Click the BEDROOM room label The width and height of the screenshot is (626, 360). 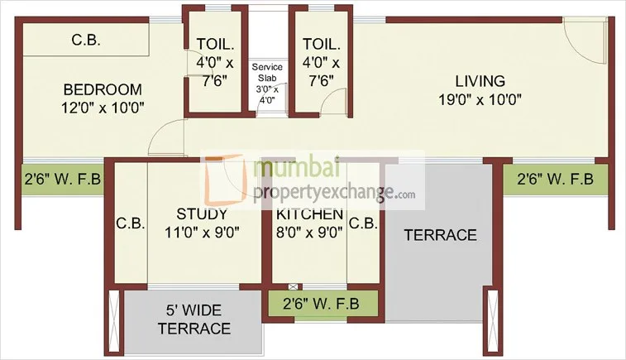[103, 89]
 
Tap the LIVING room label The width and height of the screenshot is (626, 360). [479, 81]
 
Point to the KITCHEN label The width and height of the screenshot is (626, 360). [310, 214]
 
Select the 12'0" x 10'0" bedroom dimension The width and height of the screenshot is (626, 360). [103, 108]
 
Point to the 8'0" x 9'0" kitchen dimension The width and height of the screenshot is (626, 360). [310, 232]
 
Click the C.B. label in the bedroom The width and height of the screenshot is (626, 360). [86, 39]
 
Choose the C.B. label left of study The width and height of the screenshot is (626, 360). [130, 223]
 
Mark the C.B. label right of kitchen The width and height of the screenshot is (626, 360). [362, 223]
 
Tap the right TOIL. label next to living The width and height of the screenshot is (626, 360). [319, 45]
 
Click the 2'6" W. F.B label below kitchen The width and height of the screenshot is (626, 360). [321, 303]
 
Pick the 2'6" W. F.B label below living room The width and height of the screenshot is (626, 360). [555, 179]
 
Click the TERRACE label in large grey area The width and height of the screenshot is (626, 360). [440, 235]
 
